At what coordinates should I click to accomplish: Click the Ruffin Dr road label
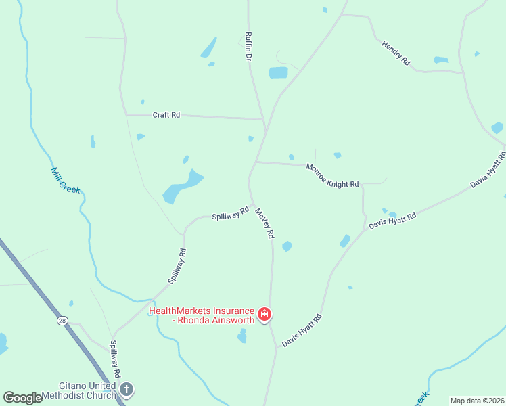[248, 46]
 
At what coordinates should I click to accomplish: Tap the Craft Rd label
[166, 115]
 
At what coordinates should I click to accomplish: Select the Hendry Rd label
[396, 53]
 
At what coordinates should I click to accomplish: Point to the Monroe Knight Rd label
[332, 175]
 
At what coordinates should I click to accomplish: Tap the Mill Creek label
[66, 181]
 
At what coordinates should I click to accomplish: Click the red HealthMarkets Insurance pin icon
[264, 315]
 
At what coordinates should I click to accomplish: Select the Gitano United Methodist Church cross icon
[127, 389]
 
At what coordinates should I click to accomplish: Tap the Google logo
[22, 398]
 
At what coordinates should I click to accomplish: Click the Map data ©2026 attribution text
[477, 401]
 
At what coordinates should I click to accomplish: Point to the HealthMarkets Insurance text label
[201, 316]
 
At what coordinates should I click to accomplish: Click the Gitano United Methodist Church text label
[79, 389]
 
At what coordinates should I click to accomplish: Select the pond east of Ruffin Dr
[278, 73]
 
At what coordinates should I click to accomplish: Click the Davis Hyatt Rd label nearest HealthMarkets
[302, 331]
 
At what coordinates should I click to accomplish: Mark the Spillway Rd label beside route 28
[116, 359]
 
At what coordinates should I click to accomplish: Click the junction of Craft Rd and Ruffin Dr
[263, 119]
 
